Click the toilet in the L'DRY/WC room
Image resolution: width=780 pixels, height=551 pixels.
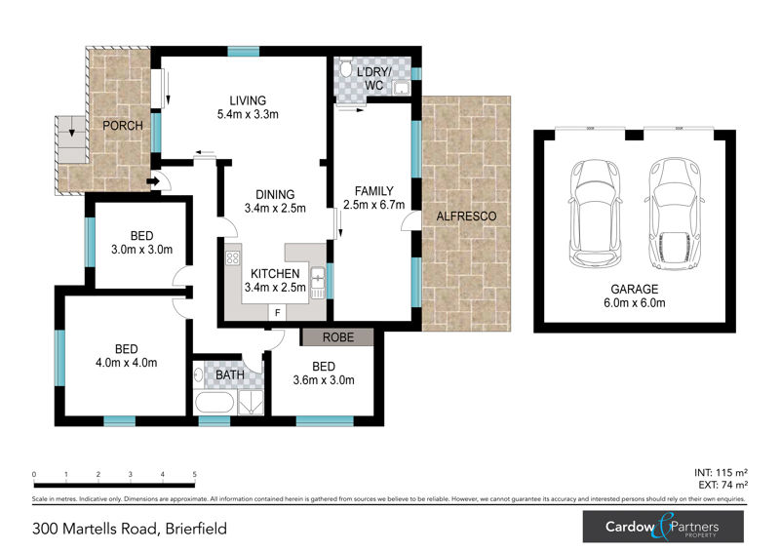345,68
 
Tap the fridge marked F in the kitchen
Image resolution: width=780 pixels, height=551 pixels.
278,313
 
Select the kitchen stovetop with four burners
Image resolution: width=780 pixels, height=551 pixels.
232,257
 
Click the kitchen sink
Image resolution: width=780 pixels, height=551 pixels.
318,283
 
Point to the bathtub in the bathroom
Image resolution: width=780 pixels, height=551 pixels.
214,402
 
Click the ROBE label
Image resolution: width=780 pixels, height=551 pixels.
338,337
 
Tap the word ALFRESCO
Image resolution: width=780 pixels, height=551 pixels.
466,216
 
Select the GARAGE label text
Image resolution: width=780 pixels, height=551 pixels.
635,289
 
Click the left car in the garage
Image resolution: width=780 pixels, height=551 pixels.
595,213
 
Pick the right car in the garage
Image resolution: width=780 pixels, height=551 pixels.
675,214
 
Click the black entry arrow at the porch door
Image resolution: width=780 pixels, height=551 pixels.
153,181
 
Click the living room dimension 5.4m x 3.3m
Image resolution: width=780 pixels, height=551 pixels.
248,114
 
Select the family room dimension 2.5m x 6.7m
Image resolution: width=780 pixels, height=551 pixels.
373,205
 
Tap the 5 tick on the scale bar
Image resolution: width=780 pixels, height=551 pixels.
194,474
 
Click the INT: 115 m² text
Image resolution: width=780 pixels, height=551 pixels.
721,473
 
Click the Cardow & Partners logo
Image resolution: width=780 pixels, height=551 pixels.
663,527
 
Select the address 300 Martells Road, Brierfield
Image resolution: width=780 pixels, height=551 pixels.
130,529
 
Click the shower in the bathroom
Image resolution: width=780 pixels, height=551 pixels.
251,402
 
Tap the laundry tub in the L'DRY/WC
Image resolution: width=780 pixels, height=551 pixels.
401,89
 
